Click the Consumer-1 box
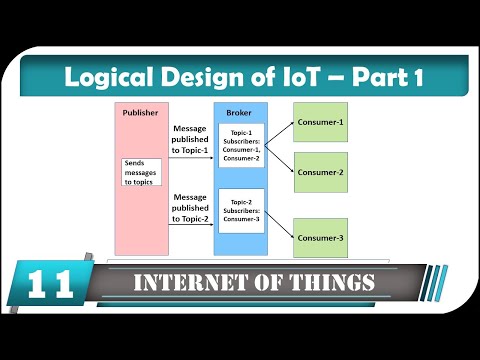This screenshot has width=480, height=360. point(320,121)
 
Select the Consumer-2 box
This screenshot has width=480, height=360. point(320,172)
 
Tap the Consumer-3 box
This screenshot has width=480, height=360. point(320,237)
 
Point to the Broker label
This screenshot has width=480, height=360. point(240,113)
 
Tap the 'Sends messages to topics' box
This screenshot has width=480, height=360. point(141,171)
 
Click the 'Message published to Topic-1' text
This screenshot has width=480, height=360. point(190,141)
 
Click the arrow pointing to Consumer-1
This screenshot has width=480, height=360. point(281,124)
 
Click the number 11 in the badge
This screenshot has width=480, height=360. point(45,285)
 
